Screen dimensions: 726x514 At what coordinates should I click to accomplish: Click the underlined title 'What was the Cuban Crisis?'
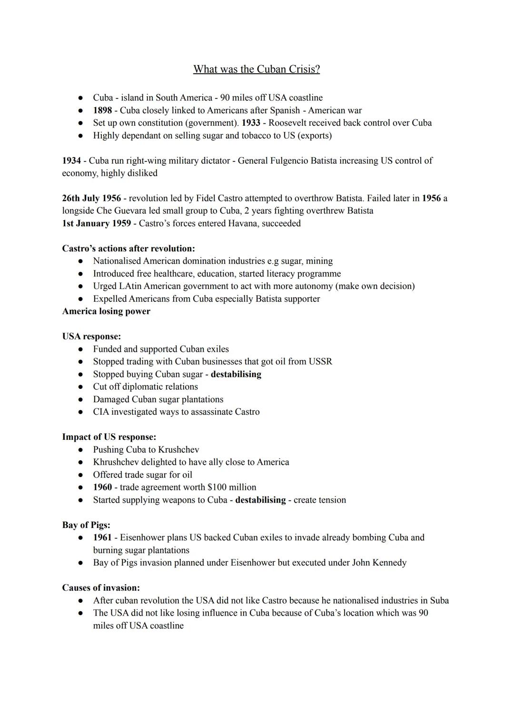tap(257, 70)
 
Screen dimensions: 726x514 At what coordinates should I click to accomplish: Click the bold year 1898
tap(102, 110)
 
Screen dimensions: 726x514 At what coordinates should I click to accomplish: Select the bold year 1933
tap(251, 123)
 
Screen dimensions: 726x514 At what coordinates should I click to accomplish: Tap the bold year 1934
tap(71, 160)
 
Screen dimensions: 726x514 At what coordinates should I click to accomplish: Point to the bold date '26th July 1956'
tap(91, 198)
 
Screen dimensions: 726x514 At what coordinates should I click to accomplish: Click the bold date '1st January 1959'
tap(97, 223)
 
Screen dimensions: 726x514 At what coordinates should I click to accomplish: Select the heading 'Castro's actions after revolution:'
tap(128, 249)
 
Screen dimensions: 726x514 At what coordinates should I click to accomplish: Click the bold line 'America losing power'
tap(106, 311)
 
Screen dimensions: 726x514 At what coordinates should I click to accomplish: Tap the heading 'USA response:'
tap(91, 337)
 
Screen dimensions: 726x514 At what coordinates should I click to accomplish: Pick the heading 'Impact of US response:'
tap(109, 437)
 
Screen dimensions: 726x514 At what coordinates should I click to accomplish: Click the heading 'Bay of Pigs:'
tap(86, 525)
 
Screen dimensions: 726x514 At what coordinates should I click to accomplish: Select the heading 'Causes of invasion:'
tap(101, 588)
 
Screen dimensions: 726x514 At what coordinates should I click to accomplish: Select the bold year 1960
tap(102, 487)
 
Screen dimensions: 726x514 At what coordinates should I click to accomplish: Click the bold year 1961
tap(102, 537)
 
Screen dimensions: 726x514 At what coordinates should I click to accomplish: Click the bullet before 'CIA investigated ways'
tap(82, 412)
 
